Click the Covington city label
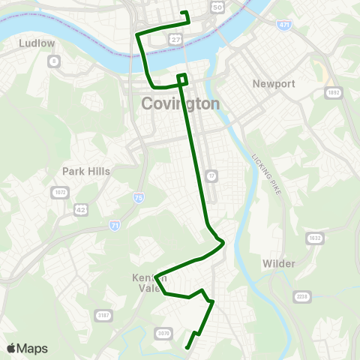[x=180, y=104]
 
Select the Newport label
[x=271, y=83]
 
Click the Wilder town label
[x=279, y=264]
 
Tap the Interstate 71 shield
[x=114, y=224]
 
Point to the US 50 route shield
[x=217, y=7]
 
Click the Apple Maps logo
[x=27, y=348]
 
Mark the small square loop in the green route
[x=181, y=78]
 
